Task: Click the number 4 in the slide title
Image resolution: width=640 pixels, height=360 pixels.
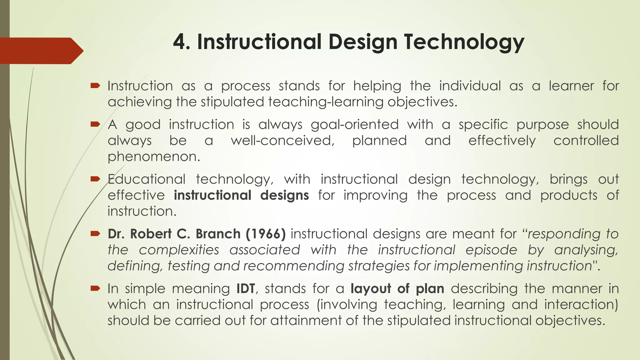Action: pyautogui.click(x=180, y=42)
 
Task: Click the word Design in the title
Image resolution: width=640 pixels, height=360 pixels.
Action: pyautogui.click(x=362, y=42)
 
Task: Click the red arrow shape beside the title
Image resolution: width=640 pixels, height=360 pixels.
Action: pyautogui.click(x=41, y=51)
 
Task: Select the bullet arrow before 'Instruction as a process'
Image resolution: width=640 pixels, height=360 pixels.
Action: pyautogui.click(x=95, y=85)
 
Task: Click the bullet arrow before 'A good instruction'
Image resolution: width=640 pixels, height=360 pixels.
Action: pyautogui.click(x=95, y=124)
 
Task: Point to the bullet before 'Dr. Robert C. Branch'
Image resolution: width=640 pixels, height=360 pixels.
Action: pyautogui.click(x=95, y=233)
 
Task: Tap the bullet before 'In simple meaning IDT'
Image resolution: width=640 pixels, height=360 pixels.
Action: pyautogui.click(x=95, y=288)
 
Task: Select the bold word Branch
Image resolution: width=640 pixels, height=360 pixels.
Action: pyautogui.click(x=218, y=234)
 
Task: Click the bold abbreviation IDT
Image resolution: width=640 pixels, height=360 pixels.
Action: pyautogui.click(x=246, y=288)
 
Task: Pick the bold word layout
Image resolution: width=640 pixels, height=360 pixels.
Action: pyautogui.click(x=371, y=288)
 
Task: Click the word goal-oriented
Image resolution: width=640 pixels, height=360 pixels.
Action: pyautogui.click(x=355, y=125)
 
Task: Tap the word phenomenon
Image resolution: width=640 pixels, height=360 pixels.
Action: pyautogui.click(x=153, y=157)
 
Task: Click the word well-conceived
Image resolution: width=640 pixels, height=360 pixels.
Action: pyautogui.click(x=282, y=141)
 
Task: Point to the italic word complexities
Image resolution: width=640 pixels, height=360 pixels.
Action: pyautogui.click(x=179, y=250)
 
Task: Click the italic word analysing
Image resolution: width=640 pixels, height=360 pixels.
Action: pyautogui.click(x=586, y=250)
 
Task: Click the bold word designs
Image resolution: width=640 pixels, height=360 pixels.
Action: pyautogui.click(x=284, y=195)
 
